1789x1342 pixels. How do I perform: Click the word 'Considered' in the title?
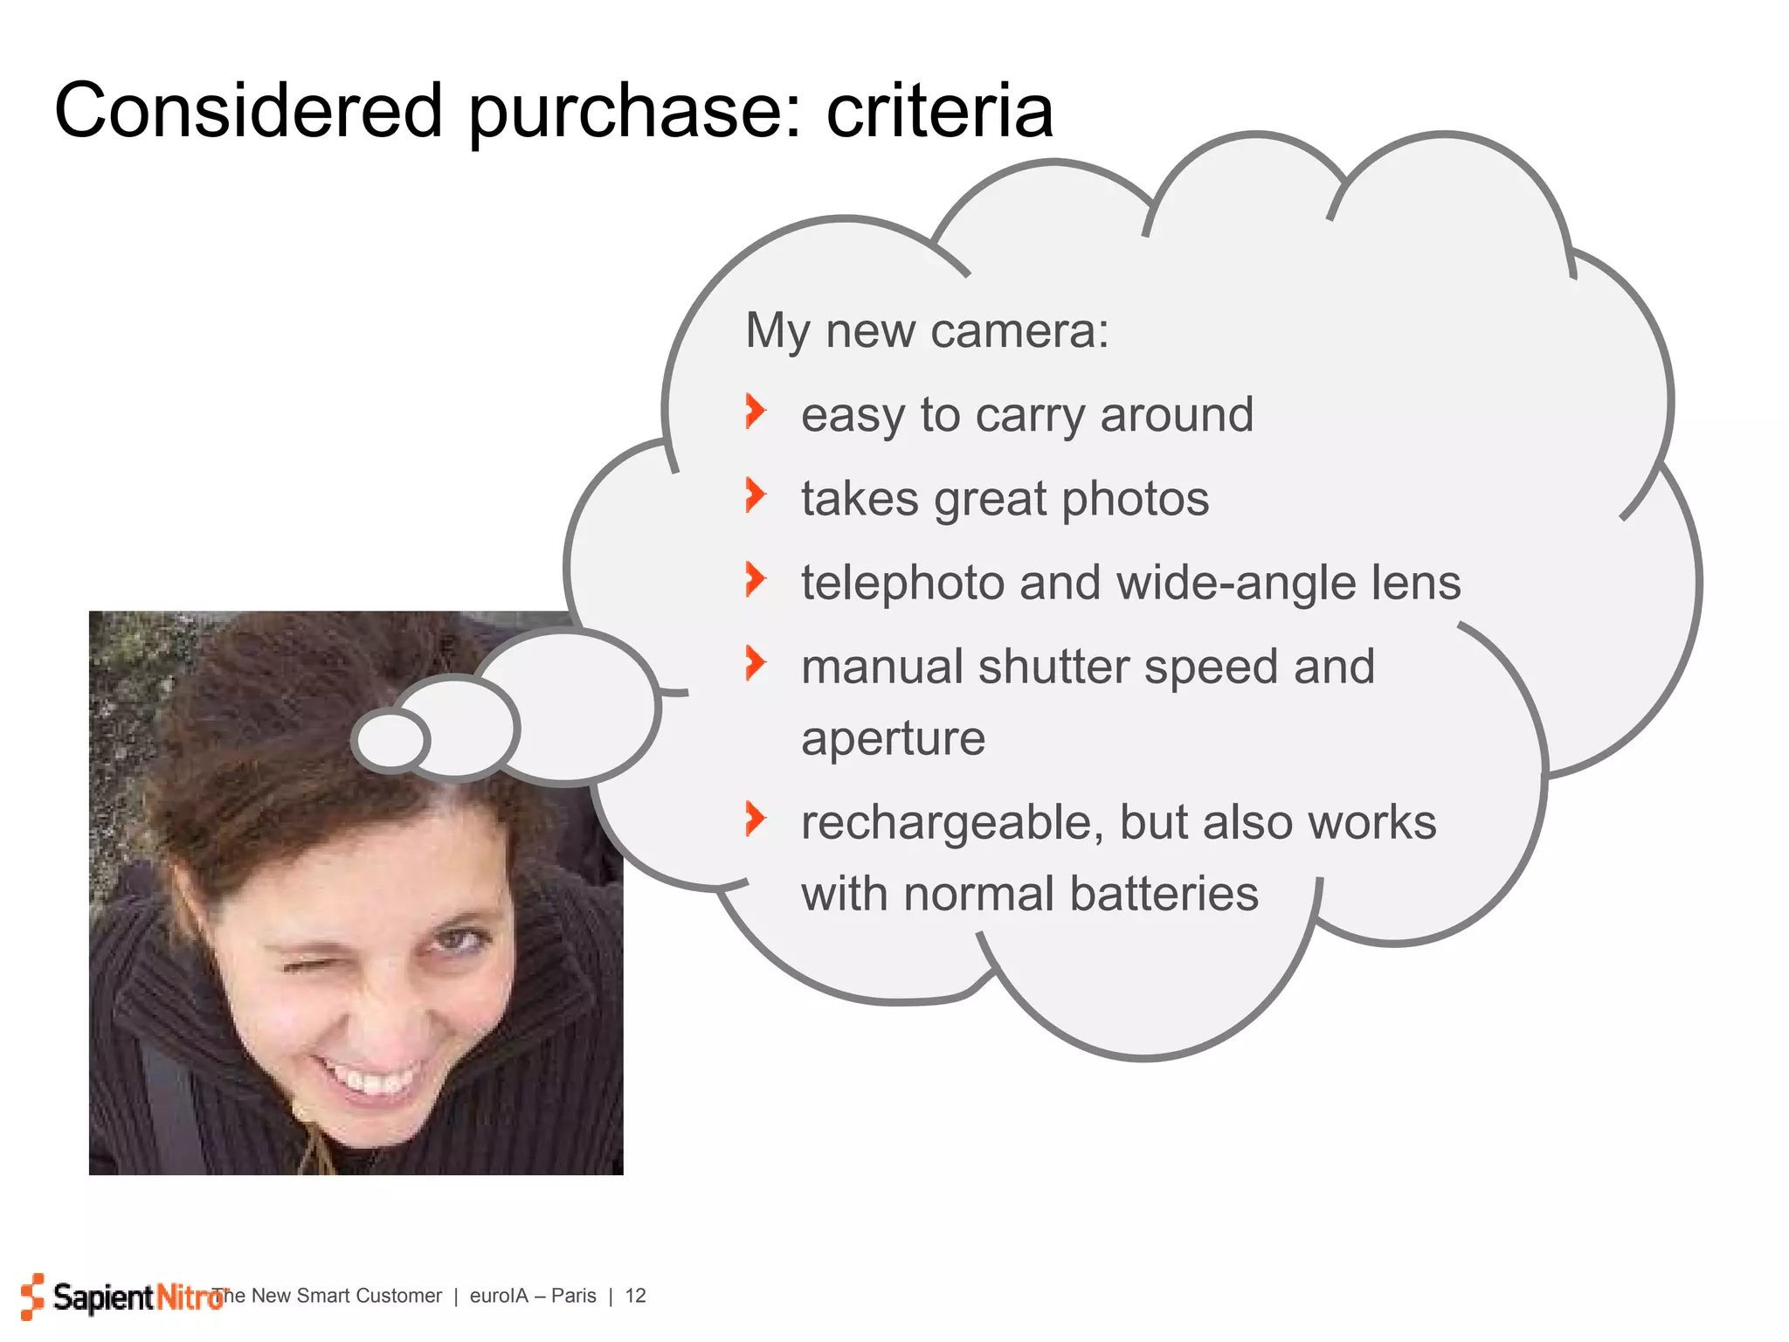(x=248, y=111)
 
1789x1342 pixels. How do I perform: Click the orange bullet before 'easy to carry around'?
(x=756, y=411)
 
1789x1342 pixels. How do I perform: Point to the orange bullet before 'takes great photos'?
(x=756, y=495)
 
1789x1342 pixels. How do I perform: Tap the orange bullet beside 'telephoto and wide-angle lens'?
(x=756, y=579)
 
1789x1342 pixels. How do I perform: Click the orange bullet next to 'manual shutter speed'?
(x=756, y=663)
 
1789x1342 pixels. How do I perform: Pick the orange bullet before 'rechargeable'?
(x=756, y=819)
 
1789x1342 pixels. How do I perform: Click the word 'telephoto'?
(x=902, y=583)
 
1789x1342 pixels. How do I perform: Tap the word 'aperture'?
(x=893, y=739)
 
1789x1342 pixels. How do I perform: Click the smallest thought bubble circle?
(x=390, y=740)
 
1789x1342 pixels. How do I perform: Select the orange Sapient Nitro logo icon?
(x=32, y=1296)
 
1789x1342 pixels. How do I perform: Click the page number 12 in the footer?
(x=635, y=1296)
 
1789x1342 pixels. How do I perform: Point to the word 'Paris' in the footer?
(x=573, y=1296)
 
